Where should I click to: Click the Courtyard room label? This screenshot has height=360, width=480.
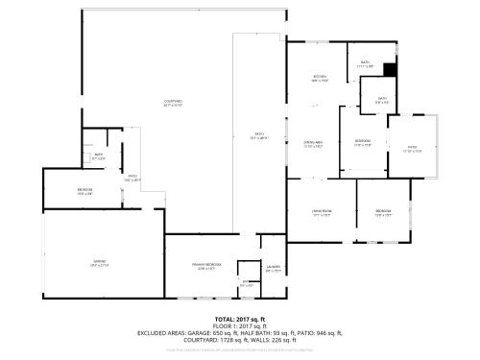coord(173,102)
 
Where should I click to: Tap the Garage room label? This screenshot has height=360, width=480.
coord(99,262)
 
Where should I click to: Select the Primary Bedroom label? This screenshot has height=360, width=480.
coord(206,265)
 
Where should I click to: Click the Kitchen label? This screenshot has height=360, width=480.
coord(320,78)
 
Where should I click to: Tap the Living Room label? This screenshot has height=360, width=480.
coord(321,212)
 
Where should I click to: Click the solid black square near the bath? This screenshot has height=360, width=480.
coord(390,69)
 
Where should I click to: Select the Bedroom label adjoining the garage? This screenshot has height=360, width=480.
coord(84,191)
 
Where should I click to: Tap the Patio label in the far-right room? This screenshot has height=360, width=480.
coord(412,150)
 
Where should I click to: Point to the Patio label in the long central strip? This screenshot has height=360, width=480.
coord(258,135)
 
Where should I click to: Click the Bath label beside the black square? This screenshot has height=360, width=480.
coord(366,63)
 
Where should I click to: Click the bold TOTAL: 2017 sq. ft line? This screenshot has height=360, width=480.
coord(239,318)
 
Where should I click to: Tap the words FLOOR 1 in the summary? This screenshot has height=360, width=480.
coord(228,325)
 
